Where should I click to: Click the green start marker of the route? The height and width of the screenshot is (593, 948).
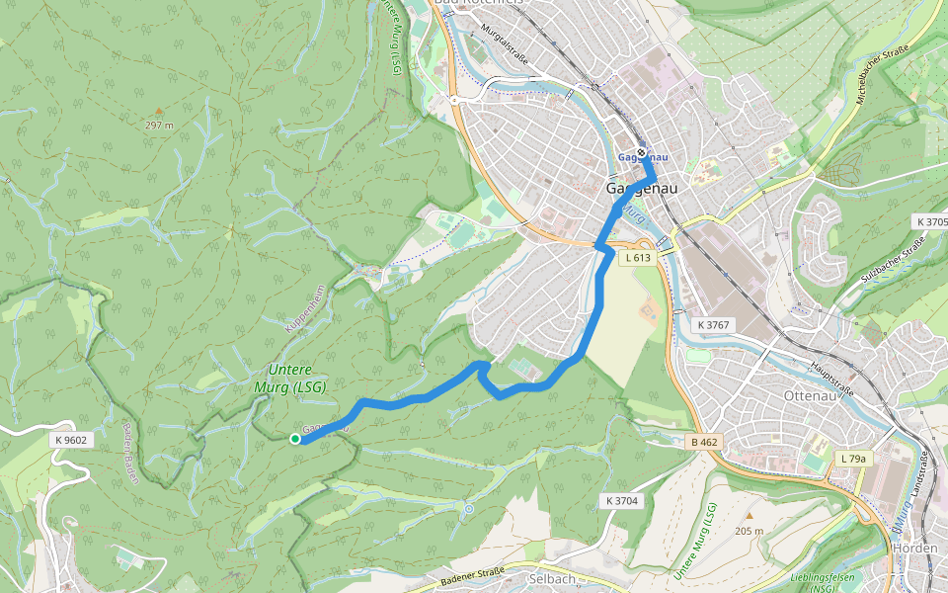pos(294,439)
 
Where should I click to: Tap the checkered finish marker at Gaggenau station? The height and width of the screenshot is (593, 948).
pos(642,153)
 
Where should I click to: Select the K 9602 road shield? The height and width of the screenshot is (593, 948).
pos(71,440)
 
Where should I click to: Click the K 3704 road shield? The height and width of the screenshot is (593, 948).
pos(620,501)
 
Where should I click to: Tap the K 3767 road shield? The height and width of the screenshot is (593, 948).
pos(713,324)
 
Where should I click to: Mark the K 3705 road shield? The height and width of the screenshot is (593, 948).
pos(930,221)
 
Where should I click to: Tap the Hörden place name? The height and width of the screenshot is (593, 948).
pos(913,548)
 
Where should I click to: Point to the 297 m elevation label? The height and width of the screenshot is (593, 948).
pos(159,126)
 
